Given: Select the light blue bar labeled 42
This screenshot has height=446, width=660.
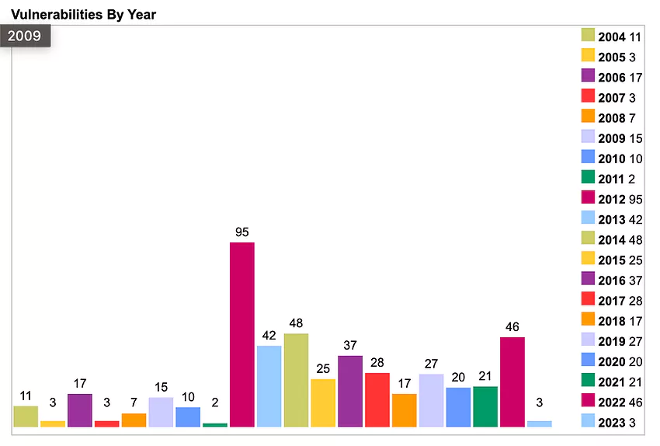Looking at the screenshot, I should pyautogui.click(x=269, y=386).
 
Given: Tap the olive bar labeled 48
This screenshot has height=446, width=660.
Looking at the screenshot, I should pyautogui.click(x=296, y=380).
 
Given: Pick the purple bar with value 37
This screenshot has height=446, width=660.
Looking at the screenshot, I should pyautogui.click(x=350, y=391).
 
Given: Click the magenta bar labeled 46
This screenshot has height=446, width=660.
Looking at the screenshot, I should pyautogui.click(x=512, y=382).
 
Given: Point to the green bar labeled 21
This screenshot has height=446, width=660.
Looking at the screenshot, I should pyautogui.click(x=485, y=406).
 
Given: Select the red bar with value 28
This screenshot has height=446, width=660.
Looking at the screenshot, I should pyautogui.click(x=377, y=399).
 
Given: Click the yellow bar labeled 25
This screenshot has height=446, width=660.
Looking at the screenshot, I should pyautogui.click(x=323, y=402).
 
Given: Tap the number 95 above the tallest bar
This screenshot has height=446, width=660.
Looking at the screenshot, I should pyautogui.click(x=241, y=232).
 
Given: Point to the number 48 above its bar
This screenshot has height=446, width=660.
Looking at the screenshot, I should pyautogui.click(x=296, y=323).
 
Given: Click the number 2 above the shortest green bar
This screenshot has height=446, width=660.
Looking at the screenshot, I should pyautogui.click(x=215, y=402).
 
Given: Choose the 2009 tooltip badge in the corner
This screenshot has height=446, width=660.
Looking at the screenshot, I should pyautogui.click(x=25, y=36).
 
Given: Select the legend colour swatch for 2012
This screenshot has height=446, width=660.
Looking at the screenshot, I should pyautogui.click(x=588, y=199).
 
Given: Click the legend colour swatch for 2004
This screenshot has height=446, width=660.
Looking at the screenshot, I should pyautogui.click(x=588, y=35).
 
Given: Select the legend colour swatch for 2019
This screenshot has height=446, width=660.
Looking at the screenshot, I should pyautogui.click(x=588, y=340).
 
